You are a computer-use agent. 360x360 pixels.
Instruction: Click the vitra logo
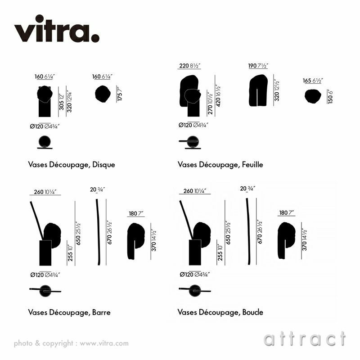click(57, 30)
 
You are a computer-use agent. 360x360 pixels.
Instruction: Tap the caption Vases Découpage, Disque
click(72, 165)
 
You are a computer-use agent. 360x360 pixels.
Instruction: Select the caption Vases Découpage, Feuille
click(220, 165)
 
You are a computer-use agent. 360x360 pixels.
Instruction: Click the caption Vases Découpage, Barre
click(69, 312)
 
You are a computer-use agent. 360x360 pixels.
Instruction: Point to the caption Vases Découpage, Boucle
click(220, 312)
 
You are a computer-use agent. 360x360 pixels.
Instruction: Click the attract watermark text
click(305, 338)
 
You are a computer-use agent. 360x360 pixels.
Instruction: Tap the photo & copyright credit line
click(71, 343)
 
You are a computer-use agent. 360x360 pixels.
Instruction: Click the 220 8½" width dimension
click(190, 66)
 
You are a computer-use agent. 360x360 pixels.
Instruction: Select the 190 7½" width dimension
click(258, 66)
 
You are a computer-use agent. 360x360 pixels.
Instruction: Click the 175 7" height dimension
click(119, 94)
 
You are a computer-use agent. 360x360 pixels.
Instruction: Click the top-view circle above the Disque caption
click(45, 142)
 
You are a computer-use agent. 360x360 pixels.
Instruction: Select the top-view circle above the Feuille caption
click(193, 141)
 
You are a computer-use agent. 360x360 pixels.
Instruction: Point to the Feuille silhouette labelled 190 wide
click(258, 90)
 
